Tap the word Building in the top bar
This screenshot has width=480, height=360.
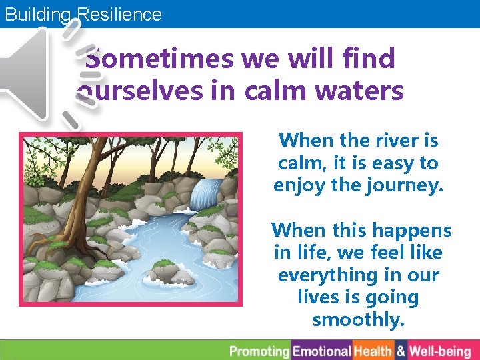point(37,14)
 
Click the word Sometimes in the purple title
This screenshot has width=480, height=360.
point(160,59)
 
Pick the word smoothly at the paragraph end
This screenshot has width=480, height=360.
point(358,320)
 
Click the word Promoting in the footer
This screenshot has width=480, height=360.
point(261,351)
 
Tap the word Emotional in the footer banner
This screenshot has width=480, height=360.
point(322,351)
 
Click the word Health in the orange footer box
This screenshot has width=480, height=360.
point(373,351)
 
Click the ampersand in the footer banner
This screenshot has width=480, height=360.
point(401,351)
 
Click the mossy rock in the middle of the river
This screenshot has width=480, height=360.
point(163,271)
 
